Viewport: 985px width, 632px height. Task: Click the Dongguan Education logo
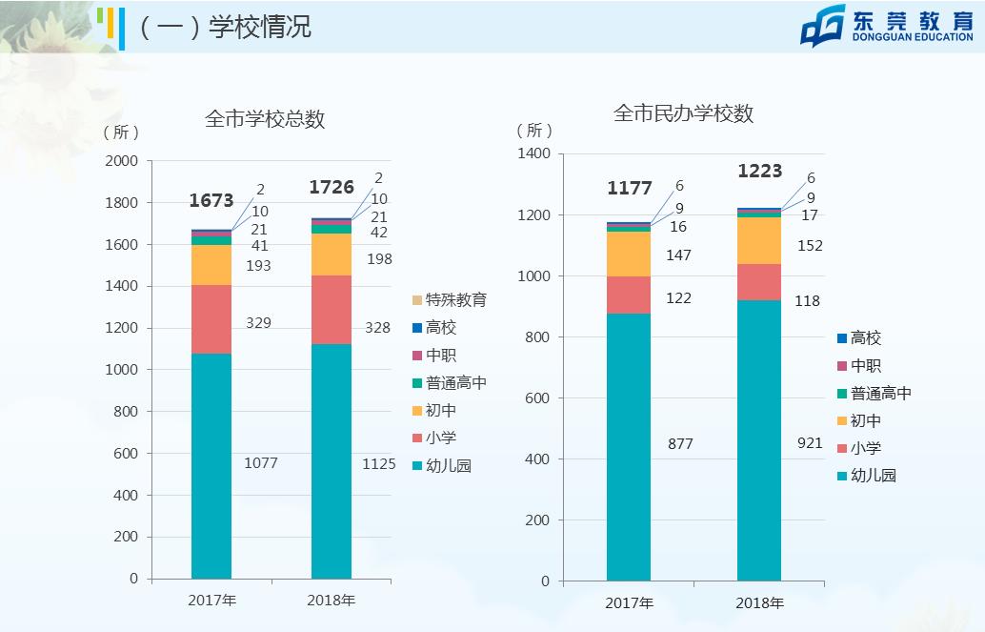pyautogui.click(x=886, y=25)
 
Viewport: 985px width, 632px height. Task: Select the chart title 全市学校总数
pyautogui.click(x=265, y=119)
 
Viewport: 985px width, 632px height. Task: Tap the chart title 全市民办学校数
pyautogui.click(x=683, y=113)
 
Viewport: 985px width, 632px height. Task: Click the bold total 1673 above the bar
pyautogui.click(x=211, y=200)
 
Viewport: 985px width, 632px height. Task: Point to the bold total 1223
pyautogui.click(x=759, y=172)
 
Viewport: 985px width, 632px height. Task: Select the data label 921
pyautogui.click(x=809, y=443)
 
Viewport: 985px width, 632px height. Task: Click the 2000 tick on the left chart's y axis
pyautogui.click(x=121, y=161)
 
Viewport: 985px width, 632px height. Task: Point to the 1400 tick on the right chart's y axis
pyautogui.click(x=533, y=154)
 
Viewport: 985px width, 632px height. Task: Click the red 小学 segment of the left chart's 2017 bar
pyautogui.click(x=211, y=319)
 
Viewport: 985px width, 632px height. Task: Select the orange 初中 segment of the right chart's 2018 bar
pyautogui.click(x=759, y=240)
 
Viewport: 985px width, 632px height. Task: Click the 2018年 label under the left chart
pyautogui.click(x=331, y=601)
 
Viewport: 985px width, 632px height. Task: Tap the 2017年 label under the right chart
pyautogui.click(x=629, y=602)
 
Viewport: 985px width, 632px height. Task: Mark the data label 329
pyautogui.click(x=257, y=323)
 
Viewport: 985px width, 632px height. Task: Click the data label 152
pyautogui.click(x=809, y=246)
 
